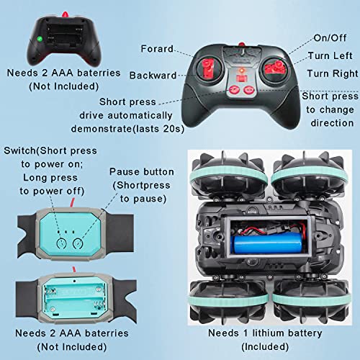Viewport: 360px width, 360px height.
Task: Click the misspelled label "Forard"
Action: point(158,49)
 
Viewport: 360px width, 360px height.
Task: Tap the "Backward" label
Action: point(153,75)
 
